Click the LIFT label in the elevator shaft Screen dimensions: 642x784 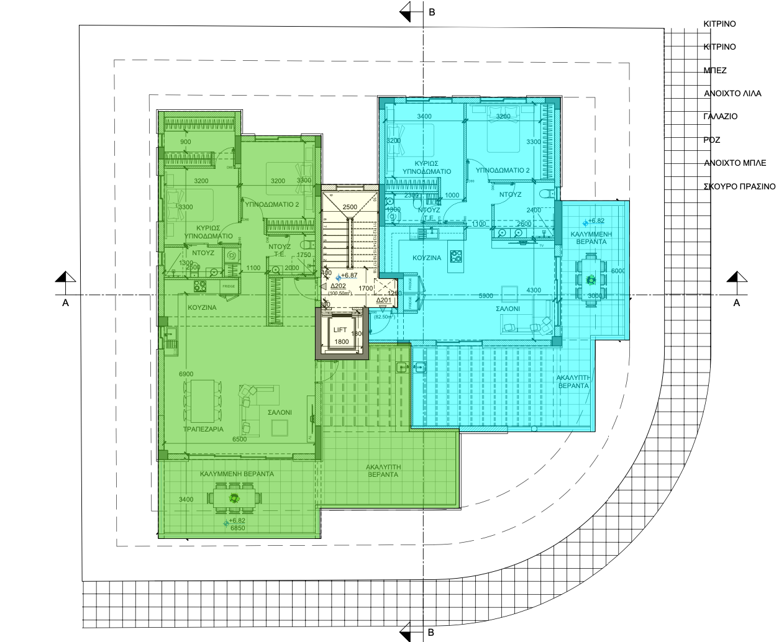point(340,332)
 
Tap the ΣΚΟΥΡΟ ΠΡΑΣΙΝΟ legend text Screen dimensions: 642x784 point(739,186)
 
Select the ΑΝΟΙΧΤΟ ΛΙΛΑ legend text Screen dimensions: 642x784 point(732,94)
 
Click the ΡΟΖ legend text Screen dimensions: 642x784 point(712,140)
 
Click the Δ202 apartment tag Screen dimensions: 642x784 point(337,286)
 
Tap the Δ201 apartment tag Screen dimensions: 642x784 point(383,301)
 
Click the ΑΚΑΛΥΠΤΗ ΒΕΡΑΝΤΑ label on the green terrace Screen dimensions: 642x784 point(381,469)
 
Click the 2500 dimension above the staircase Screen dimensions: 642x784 point(350,207)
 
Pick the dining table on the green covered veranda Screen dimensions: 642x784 point(234,497)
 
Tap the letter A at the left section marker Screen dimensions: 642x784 point(65,303)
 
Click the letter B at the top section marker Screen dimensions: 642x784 point(431,11)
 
